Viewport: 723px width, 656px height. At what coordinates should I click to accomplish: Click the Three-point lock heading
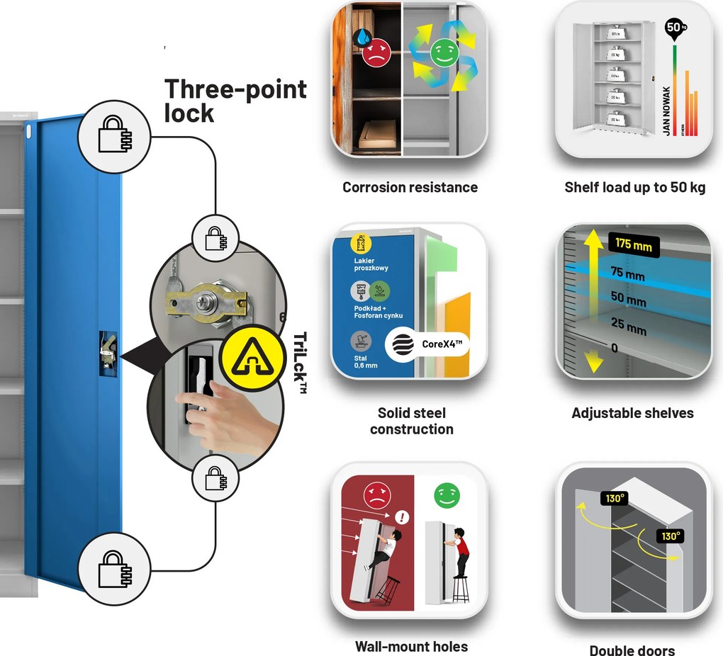(235, 100)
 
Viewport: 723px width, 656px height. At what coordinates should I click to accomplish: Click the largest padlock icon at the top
(114, 132)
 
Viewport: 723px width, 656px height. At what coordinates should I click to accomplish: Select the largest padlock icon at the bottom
(115, 569)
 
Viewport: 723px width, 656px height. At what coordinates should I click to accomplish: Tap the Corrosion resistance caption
(410, 188)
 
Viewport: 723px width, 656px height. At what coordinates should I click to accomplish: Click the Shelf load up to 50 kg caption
(634, 188)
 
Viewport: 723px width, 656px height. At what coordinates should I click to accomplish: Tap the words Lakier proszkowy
(371, 264)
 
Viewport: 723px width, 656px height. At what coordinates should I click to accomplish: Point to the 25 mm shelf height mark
(629, 327)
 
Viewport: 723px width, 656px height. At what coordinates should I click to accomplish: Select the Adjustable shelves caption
(632, 413)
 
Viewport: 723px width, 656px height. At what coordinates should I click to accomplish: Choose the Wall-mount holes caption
(411, 646)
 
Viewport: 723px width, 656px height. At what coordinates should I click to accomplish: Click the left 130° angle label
(614, 498)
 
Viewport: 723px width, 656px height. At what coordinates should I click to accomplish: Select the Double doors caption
(632, 650)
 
